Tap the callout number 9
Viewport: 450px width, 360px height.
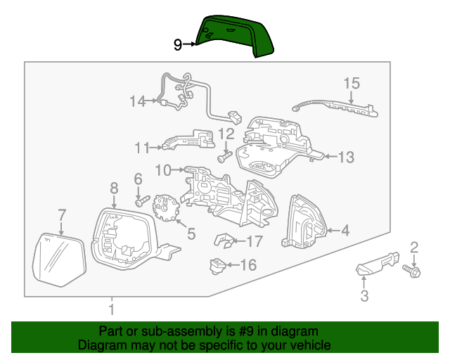coord(178,45)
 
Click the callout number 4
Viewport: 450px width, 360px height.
coord(345,230)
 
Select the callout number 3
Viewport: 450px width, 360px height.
coord(364,296)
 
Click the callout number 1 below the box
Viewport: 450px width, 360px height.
coord(111,309)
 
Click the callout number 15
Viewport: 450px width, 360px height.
coord(352,84)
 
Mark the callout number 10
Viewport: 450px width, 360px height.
coord(163,169)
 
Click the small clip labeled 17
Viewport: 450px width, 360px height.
coord(224,240)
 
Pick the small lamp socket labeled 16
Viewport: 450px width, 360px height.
coord(217,265)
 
